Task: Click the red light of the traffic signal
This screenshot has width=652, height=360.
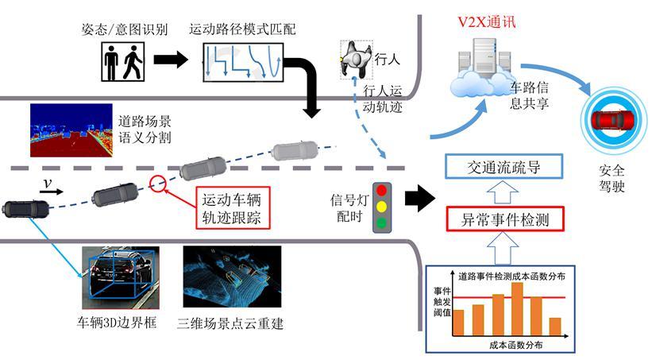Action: point(383,191)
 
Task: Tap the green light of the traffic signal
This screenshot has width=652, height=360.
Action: point(383,223)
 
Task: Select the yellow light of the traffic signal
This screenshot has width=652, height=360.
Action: point(383,207)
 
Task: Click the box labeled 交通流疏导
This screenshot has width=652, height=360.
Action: point(505,167)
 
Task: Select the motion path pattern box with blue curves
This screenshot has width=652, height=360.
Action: point(241,61)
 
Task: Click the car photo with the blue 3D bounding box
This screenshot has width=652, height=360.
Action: point(121,278)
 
